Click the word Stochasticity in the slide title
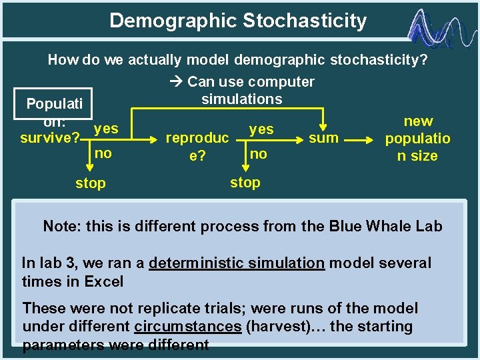[x=305, y=21]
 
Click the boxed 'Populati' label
[x=54, y=104]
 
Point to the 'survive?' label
[x=50, y=139]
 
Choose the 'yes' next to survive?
[x=105, y=128]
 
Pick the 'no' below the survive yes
[x=103, y=153]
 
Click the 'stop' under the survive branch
[x=90, y=183]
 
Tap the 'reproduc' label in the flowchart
[x=197, y=139]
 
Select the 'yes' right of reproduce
[x=261, y=129]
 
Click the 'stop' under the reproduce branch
[x=245, y=182]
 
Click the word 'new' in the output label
[x=418, y=121]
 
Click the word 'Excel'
[x=104, y=281]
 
